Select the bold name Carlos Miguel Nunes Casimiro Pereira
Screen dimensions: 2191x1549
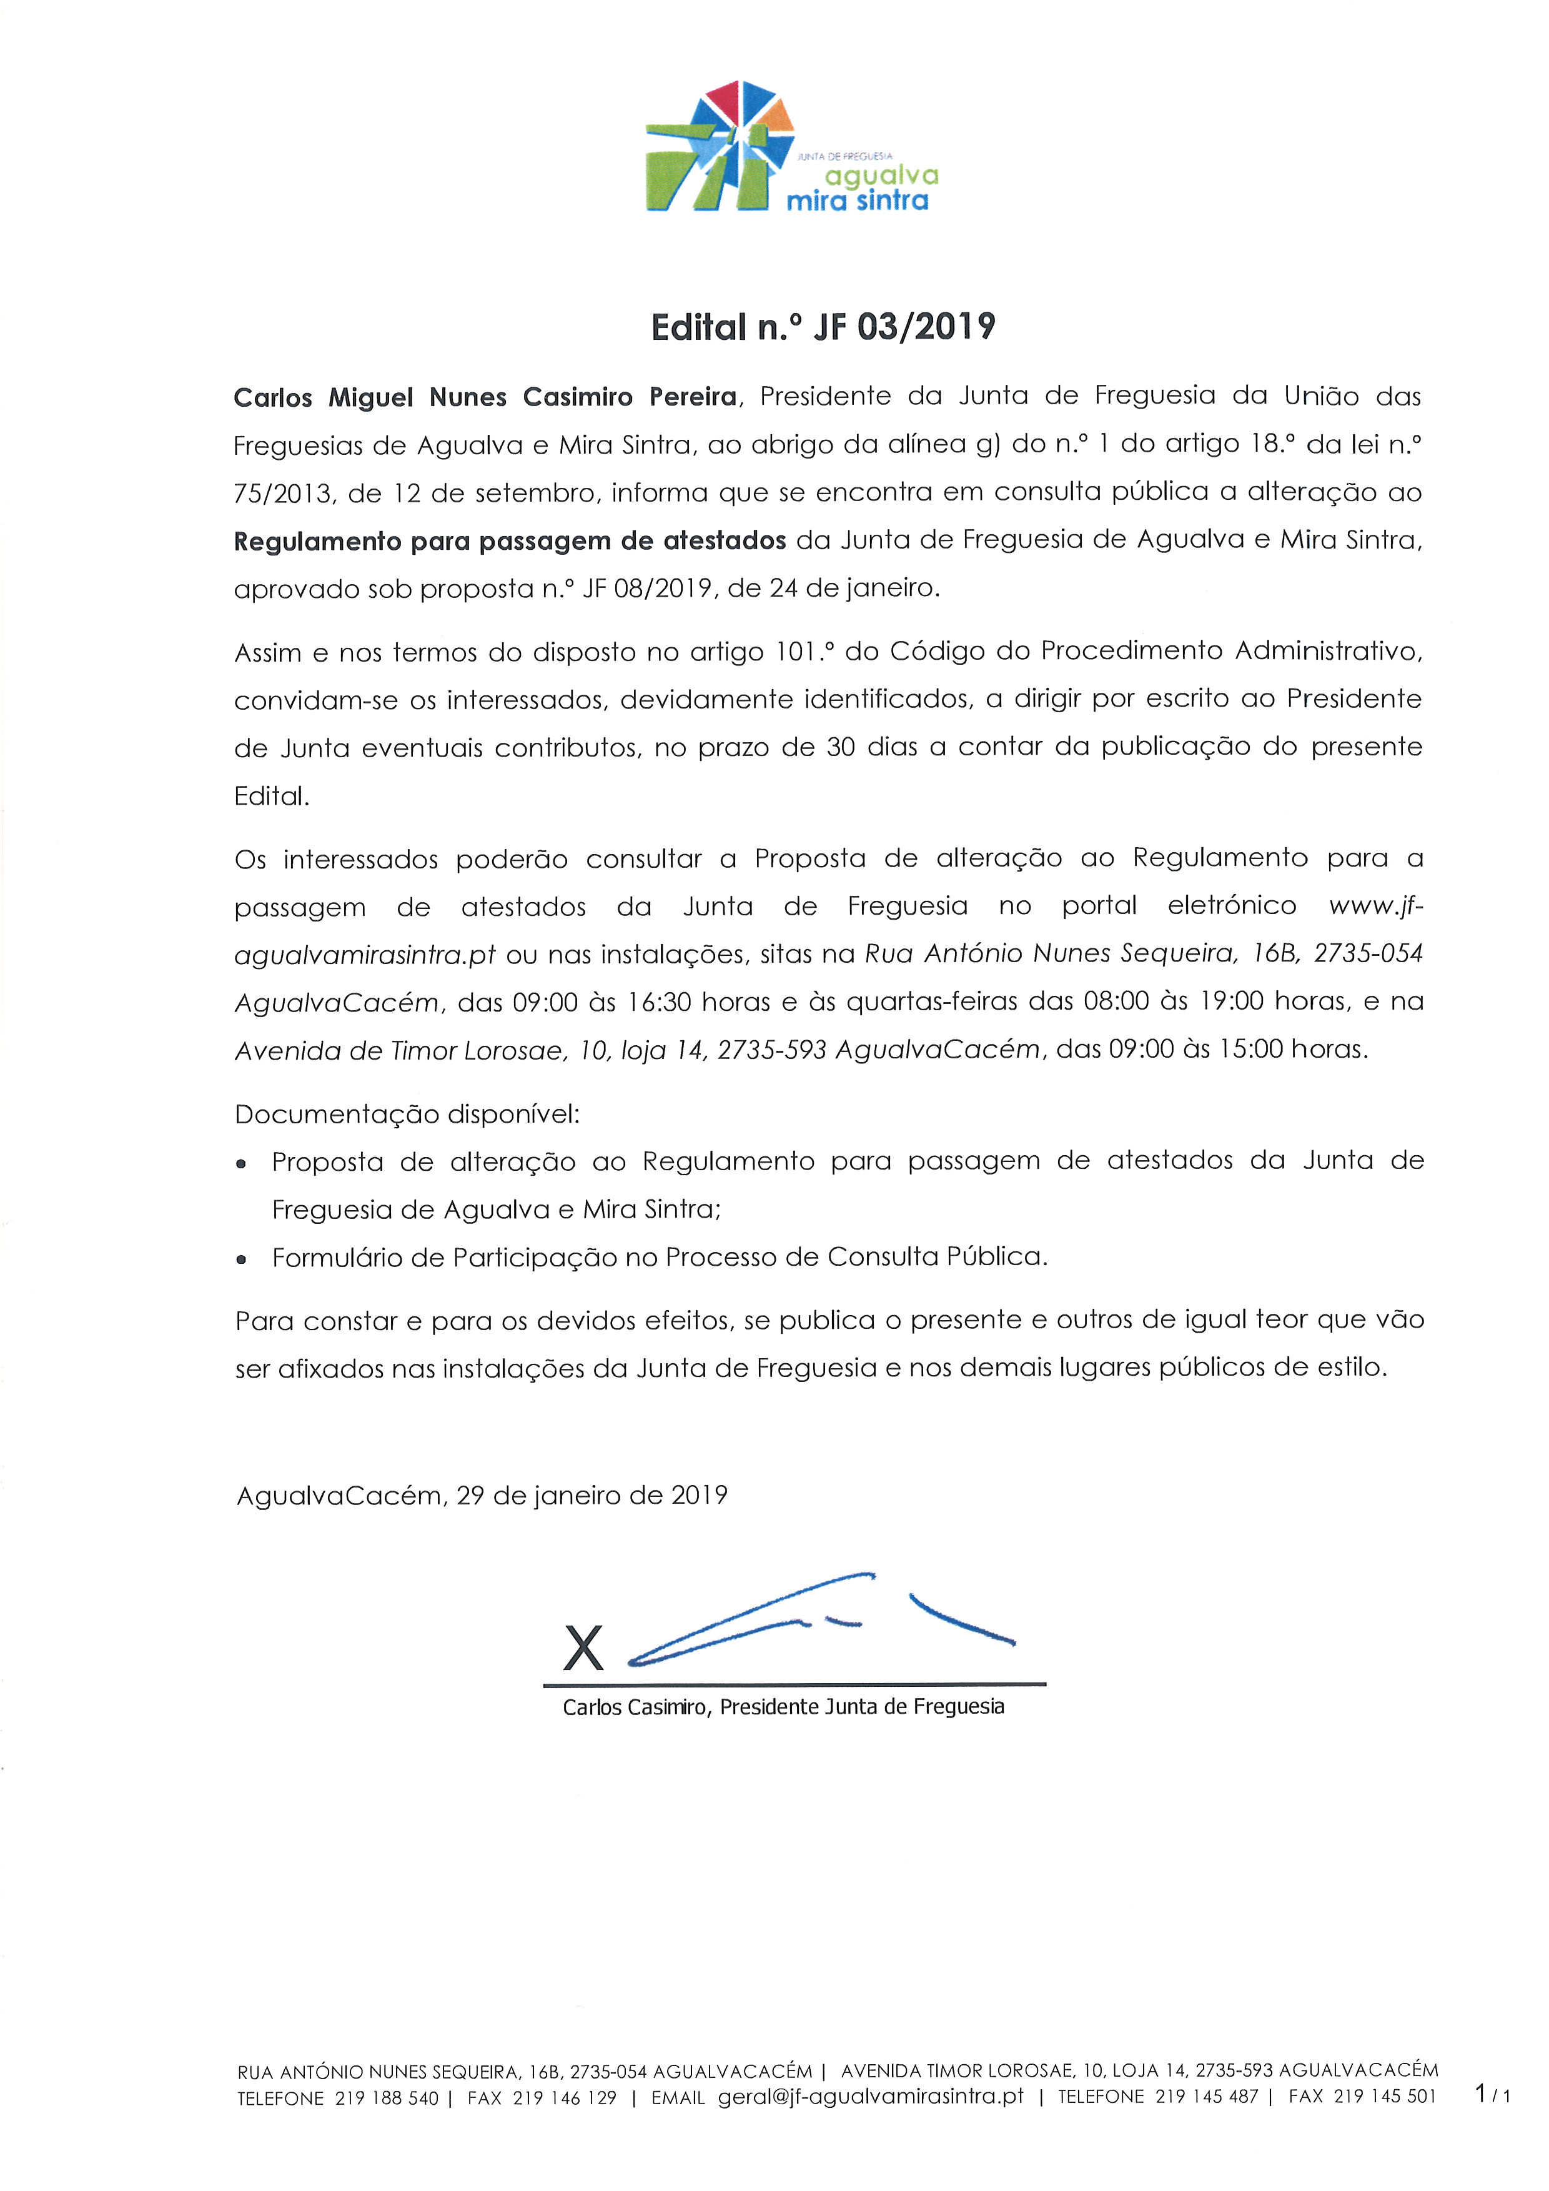(485, 397)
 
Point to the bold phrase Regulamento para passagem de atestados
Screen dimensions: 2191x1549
(509, 541)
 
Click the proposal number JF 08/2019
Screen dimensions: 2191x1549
(648, 589)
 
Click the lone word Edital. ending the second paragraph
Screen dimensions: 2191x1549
(272, 796)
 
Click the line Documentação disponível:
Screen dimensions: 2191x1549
(407, 1114)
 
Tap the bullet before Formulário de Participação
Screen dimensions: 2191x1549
(242, 1259)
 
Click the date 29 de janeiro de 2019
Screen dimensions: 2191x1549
(591, 1495)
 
